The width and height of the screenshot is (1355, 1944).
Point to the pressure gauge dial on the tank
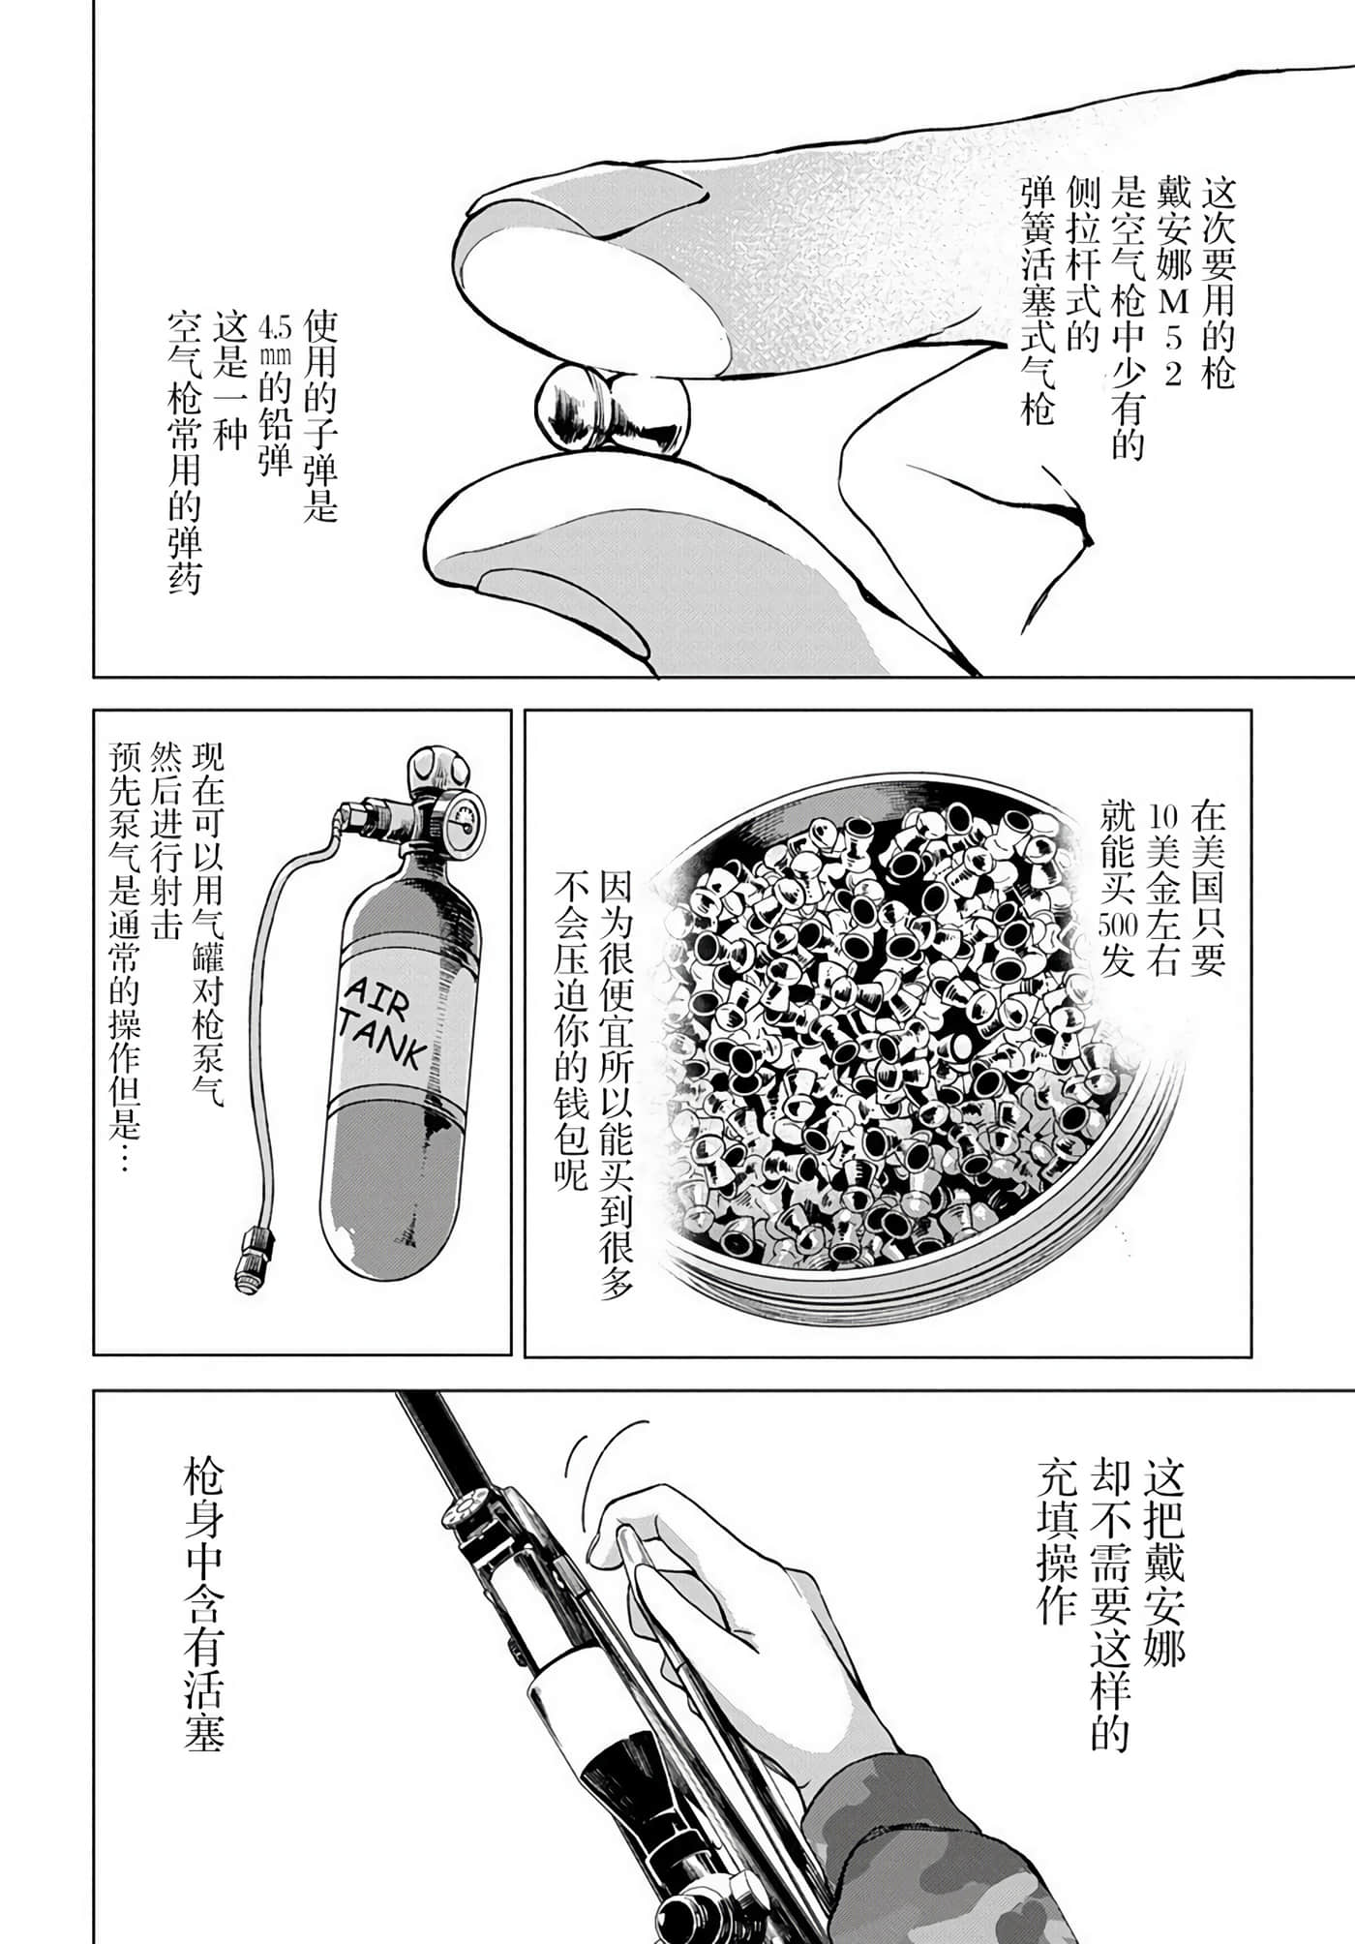coord(462,825)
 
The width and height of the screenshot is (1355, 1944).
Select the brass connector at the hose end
coord(253,1258)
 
